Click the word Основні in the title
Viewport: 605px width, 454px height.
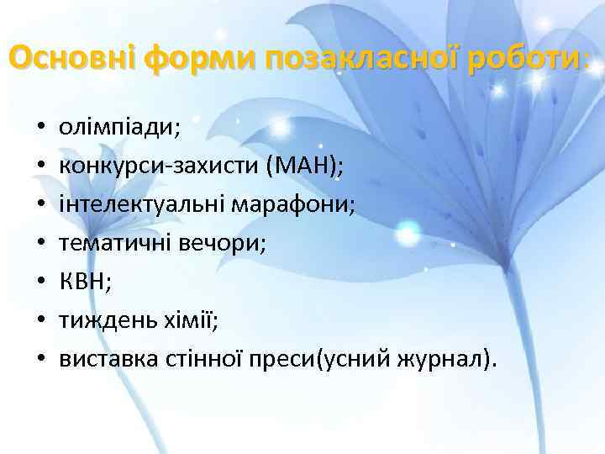coord(71,58)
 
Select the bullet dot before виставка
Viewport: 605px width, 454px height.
coord(40,361)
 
